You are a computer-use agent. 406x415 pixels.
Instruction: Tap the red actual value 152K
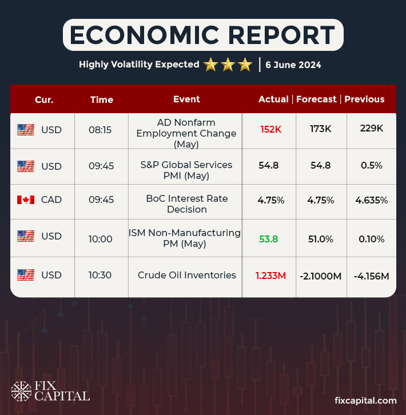coord(271,129)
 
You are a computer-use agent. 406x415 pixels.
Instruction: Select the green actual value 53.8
coord(269,238)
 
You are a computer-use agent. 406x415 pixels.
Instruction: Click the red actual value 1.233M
coord(270,276)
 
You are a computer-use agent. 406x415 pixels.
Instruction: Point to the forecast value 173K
coord(320,129)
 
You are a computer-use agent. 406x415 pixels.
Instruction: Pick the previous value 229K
coord(372,129)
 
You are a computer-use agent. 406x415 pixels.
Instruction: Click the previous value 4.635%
coord(372,200)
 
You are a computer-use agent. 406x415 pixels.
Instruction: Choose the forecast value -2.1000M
coord(320,276)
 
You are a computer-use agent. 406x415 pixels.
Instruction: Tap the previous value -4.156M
coord(371,276)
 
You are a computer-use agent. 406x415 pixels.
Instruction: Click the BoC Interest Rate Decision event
coord(186,204)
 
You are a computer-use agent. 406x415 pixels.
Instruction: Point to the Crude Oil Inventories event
coord(186,275)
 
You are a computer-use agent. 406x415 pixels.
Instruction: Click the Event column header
coord(186,99)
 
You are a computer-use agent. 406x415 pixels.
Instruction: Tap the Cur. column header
coord(44,99)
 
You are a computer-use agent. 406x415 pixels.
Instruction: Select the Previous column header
coord(364,99)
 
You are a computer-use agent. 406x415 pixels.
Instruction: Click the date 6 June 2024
coord(293,65)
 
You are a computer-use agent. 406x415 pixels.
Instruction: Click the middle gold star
coord(228,65)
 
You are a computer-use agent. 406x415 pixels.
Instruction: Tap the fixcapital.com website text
coord(365,400)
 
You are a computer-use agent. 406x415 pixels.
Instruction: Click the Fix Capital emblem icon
coord(22,392)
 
